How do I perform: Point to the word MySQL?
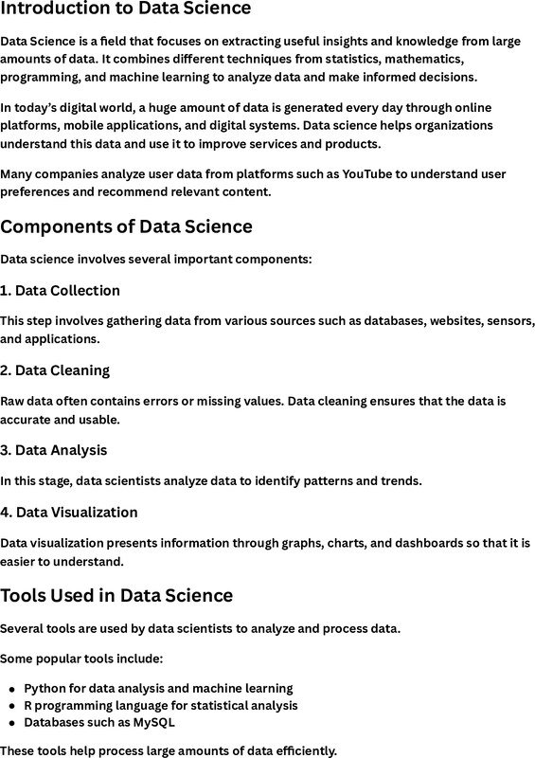152,722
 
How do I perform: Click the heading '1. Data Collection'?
60,290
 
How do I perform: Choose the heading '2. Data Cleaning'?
55,370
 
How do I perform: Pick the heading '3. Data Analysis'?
53,450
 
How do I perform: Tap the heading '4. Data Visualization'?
69,513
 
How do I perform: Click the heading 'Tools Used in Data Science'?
116,596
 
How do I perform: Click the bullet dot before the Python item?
11,689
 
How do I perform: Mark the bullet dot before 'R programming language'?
11,706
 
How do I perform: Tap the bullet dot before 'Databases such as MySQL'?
11,723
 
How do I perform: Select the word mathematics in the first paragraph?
418,60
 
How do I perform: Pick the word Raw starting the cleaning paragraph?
13,402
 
